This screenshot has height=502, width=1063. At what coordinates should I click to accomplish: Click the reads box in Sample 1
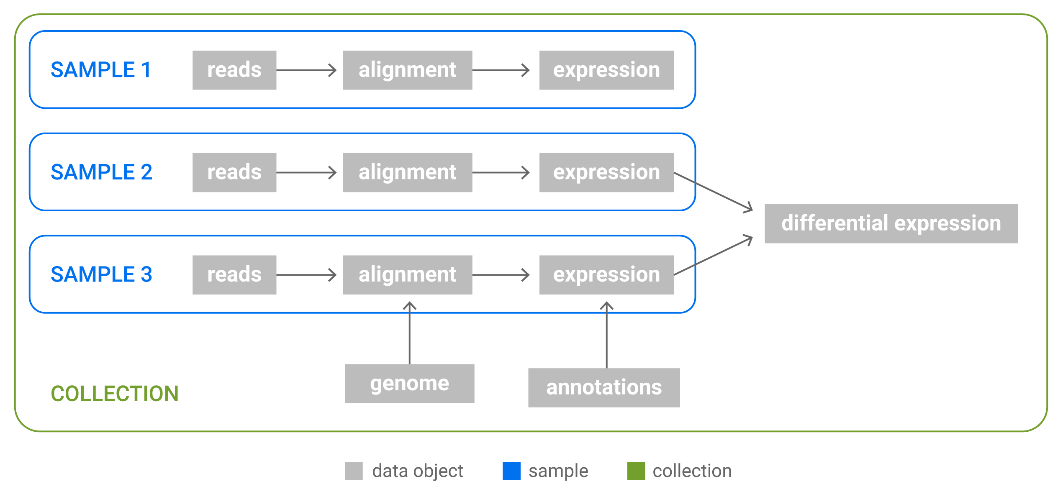(x=234, y=70)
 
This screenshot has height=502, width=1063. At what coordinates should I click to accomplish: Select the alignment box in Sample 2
(x=407, y=172)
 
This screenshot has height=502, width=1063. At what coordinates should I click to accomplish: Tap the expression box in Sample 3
(x=606, y=275)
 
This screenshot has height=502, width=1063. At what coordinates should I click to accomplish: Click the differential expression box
(x=891, y=224)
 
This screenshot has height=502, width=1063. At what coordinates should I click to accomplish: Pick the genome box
(x=409, y=384)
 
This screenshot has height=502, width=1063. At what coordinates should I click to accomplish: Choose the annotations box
(x=604, y=388)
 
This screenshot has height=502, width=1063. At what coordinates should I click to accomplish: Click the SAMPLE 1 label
(x=101, y=70)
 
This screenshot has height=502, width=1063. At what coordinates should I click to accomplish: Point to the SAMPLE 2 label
(x=102, y=172)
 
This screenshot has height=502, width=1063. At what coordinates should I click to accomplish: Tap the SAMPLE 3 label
(x=102, y=274)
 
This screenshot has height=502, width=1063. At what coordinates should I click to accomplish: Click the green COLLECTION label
(x=115, y=394)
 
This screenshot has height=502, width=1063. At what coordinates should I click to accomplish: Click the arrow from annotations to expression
(x=606, y=335)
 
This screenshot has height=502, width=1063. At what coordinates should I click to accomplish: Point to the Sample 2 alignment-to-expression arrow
(x=501, y=172)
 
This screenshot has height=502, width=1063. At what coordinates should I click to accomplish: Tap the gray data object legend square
(x=354, y=471)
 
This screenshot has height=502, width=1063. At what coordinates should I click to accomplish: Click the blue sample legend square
(x=511, y=471)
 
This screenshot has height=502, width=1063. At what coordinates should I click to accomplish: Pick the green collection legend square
(x=636, y=471)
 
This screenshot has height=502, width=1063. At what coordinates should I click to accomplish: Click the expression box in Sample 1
(x=606, y=70)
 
